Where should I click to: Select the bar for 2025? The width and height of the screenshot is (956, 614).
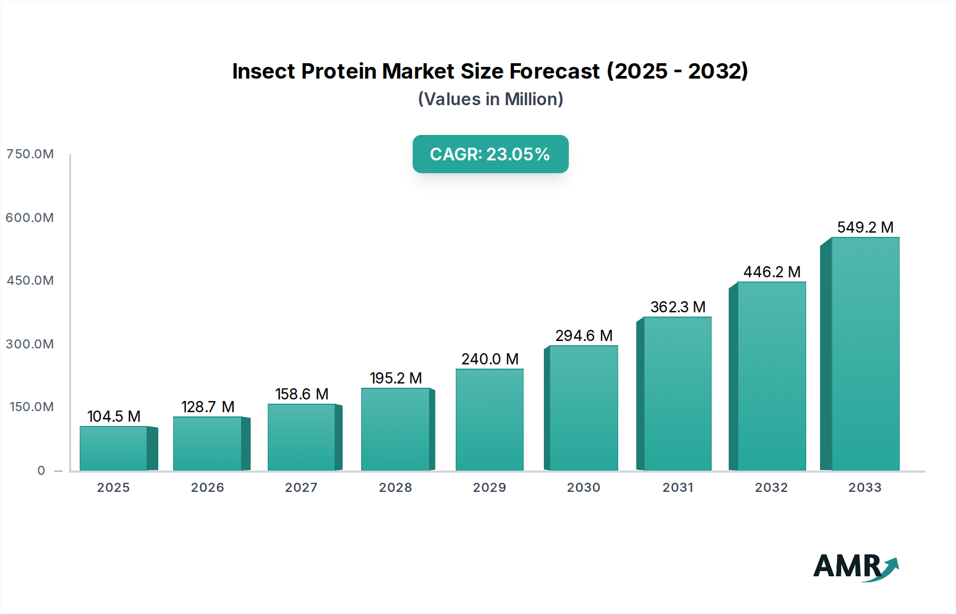[x=114, y=448]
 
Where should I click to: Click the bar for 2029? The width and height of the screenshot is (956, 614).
[x=489, y=420]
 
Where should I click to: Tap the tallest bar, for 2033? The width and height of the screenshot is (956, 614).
[x=865, y=354]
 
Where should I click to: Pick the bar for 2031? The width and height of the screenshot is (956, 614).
[x=677, y=394]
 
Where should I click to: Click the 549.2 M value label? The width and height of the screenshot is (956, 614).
[x=865, y=227]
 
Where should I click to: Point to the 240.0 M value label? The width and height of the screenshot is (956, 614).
[x=490, y=359]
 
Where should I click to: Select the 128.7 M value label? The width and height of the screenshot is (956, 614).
[x=208, y=407]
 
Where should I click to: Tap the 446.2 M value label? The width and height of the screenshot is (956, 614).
[x=772, y=272]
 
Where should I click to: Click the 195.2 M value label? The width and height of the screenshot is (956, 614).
[x=396, y=378]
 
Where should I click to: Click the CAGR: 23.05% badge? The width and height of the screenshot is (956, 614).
[x=490, y=154]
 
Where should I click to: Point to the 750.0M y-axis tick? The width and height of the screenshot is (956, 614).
[x=30, y=154]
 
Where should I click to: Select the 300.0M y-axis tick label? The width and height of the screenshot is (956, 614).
[x=30, y=344]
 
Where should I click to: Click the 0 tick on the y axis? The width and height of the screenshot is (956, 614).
[x=41, y=471]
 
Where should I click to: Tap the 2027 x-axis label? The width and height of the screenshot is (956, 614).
[x=301, y=488]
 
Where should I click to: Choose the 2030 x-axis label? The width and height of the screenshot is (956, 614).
[x=583, y=488]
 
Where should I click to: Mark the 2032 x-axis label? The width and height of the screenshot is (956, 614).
[x=771, y=488]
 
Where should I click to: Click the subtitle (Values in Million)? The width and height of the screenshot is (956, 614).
[x=490, y=99]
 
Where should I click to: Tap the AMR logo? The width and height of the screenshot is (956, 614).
[x=855, y=567]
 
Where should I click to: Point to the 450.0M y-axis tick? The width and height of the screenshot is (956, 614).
[x=30, y=280]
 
